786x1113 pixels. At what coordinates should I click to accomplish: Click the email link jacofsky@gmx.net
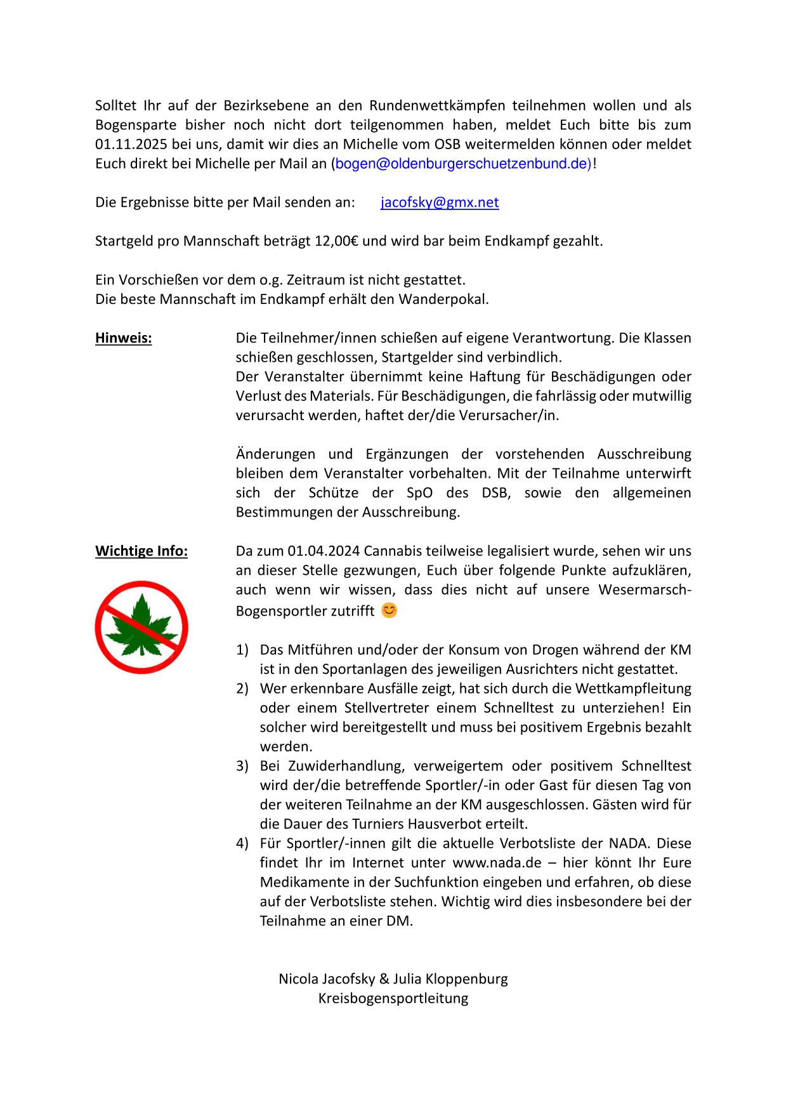(x=440, y=202)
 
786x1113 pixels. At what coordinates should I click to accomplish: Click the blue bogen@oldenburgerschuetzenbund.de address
(x=463, y=164)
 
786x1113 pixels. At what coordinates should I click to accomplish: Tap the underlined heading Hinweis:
(x=124, y=338)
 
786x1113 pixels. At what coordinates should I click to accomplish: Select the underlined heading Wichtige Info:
(x=141, y=551)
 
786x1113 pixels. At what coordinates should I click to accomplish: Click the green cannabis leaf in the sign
(x=141, y=625)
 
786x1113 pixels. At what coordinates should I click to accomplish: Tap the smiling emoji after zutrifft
(x=389, y=610)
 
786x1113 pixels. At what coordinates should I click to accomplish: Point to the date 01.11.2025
(x=131, y=144)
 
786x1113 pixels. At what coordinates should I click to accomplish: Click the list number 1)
(x=242, y=650)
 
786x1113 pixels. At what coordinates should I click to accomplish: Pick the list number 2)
(x=242, y=688)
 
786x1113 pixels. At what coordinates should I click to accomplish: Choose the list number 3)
(x=242, y=766)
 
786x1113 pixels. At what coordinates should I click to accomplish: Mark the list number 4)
(x=242, y=843)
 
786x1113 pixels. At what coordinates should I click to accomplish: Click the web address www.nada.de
(x=497, y=863)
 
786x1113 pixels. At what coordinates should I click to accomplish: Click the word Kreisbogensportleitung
(x=393, y=998)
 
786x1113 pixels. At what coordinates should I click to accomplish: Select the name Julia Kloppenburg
(x=450, y=979)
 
